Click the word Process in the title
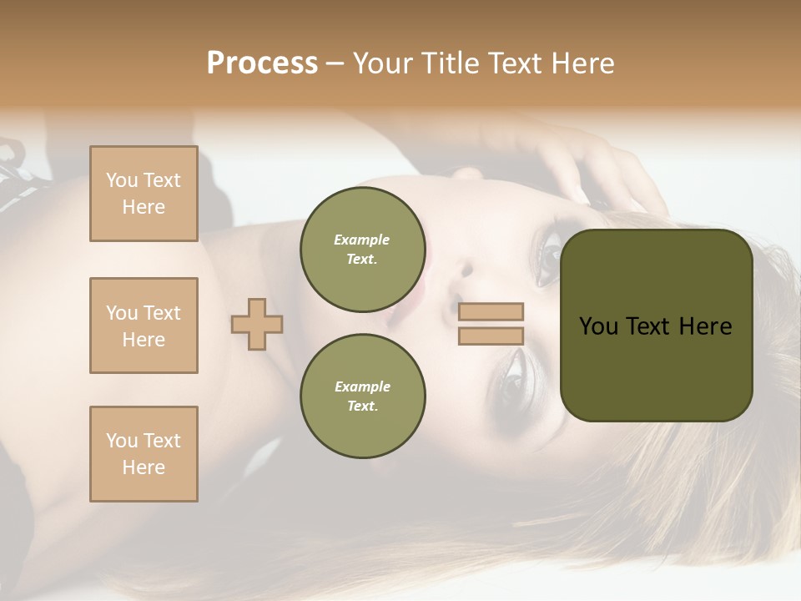coord(262,63)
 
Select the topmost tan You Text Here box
coord(144,194)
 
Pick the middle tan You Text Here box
coord(144,326)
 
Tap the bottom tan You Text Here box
coord(144,454)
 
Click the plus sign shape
coord(257,324)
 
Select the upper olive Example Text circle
coord(362,250)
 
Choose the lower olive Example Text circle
coord(362,396)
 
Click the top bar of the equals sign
coord(491,311)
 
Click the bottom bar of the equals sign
coord(491,336)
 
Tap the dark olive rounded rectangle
coord(656,367)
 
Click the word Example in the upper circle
coord(362,240)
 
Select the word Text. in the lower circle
coord(362,407)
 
